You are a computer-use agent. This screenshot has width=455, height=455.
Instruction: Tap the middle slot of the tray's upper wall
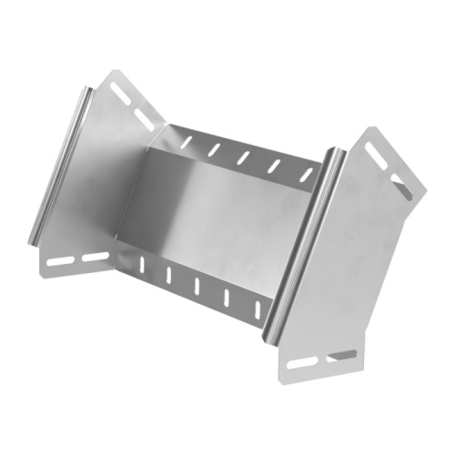pyautogui.click(x=244, y=157)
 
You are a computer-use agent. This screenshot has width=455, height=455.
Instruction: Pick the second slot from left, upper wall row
pyautogui.click(x=215, y=147)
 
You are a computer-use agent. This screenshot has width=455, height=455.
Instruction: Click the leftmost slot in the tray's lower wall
pyautogui.click(x=143, y=265)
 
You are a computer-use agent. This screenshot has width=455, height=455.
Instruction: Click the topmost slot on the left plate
pyautogui.click(x=119, y=89)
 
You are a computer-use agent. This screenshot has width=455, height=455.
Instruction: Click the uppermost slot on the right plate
pyautogui.click(x=374, y=147)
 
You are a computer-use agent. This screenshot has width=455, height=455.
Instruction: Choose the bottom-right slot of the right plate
pyautogui.click(x=344, y=354)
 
